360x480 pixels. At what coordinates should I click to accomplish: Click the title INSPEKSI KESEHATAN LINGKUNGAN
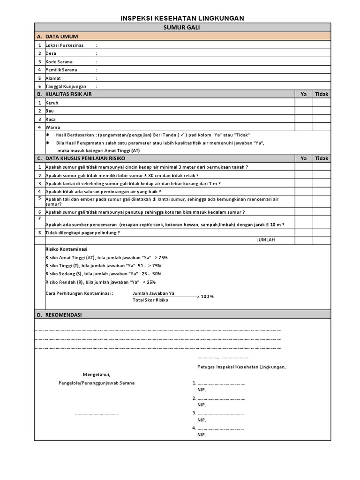pos(182,18)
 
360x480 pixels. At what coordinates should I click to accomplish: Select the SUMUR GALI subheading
pos(182,28)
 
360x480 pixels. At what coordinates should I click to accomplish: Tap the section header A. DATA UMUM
pos(61,37)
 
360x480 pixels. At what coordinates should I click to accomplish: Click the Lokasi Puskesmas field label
pos(65,45)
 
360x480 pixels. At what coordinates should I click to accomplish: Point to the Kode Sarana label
pos(59,62)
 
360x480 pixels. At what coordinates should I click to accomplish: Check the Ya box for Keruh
pos(304,103)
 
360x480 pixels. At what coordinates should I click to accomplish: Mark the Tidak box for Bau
pos(322,111)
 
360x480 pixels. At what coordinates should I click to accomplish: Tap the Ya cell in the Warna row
pos(304,127)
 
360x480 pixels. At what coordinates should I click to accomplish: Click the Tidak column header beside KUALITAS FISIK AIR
pos(322,94)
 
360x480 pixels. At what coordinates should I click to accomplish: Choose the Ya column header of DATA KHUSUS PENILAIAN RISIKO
pos(304,159)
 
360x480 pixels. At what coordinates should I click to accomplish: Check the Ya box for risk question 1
pos(304,167)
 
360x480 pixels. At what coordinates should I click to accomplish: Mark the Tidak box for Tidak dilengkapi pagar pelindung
pos(322,233)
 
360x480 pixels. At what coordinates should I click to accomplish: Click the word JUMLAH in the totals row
pos(265,240)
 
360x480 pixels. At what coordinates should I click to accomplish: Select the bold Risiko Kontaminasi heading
pos(66,249)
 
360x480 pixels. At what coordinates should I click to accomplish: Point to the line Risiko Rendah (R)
pos(100,282)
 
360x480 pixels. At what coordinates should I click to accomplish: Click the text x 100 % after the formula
pos(205,297)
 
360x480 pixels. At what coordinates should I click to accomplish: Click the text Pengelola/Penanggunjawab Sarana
pos(97,383)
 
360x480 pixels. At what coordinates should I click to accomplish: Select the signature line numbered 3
pos(220,413)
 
